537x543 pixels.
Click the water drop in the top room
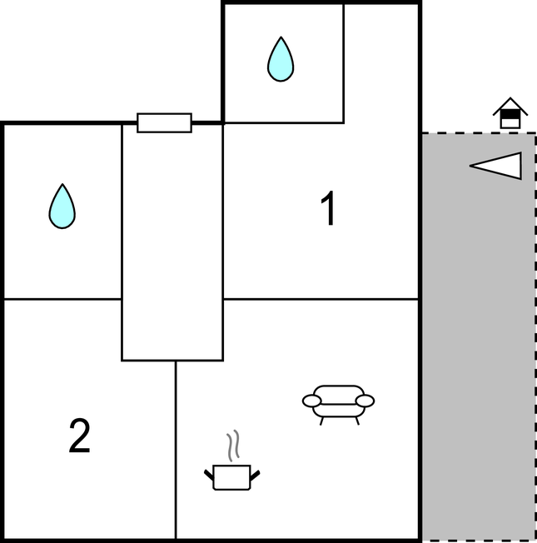click(x=281, y=61)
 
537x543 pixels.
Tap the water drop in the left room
click(x=62, y=207)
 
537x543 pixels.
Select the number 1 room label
click(x=329, y=209)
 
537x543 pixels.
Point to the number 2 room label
click(x=79, y=436)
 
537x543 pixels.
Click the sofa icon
click(x=338, y=401)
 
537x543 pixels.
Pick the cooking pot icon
click(x=231, y=476)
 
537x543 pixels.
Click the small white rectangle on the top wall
click(x=164, y=123)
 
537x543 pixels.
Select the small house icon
click(x=510, y=114)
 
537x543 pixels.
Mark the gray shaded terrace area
click(x=478, y=350)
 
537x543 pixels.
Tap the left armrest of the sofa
click(x=312, y=401)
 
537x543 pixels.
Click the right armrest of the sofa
click(x=364, y=401)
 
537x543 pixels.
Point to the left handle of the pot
click(x=209, y=475)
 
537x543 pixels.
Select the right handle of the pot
click(x=255, y=475)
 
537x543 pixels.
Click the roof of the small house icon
click(x=510, y=106)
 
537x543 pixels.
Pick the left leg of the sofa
click(x=322, y=420)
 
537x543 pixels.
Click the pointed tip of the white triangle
click(x=472, y=166)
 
